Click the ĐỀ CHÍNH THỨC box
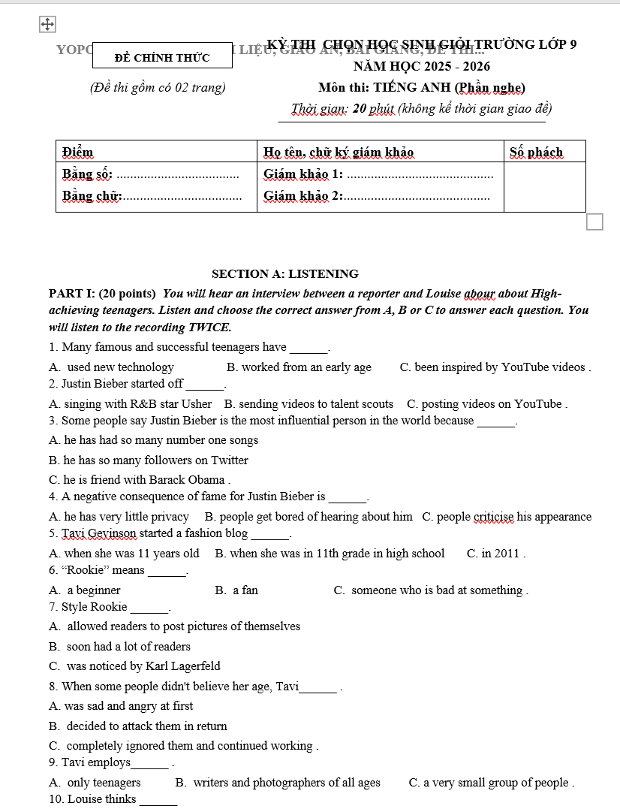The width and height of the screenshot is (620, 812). (x=162, y=57)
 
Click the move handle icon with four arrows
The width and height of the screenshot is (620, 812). (x=47, y=25)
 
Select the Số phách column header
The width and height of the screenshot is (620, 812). (x=536, y=152)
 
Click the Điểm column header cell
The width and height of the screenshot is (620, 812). (x=78, y=152)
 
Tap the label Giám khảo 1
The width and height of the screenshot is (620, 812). (x=303, y=174)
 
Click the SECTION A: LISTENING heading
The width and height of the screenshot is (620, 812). (x=285, y=274)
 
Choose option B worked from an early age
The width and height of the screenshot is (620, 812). (x=299, y=367)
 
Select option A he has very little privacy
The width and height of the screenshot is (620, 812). (x=119, y=517)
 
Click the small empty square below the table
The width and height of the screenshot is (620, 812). (x=594, y=222)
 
